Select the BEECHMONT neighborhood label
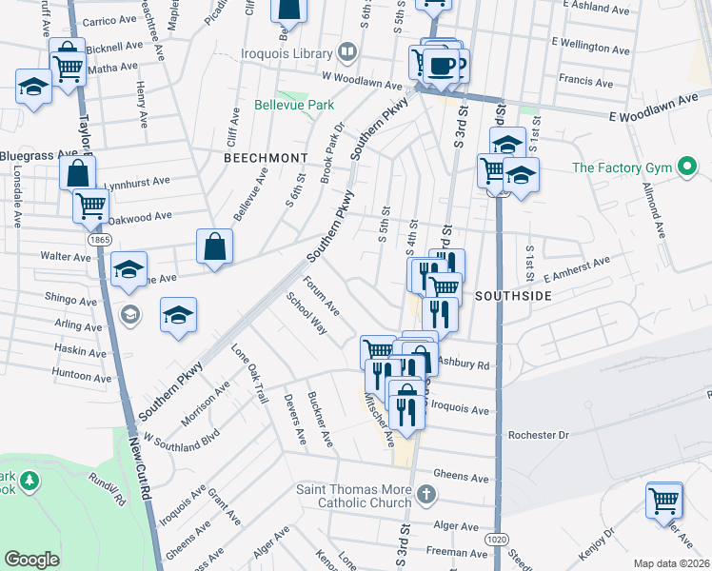point(266,157)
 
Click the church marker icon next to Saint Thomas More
point(426,495)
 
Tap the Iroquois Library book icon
point(349,51)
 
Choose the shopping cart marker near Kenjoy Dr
point(663,499)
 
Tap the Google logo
point(31,559)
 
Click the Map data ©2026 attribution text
point(672,563)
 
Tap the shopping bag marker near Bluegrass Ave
point(77,173)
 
